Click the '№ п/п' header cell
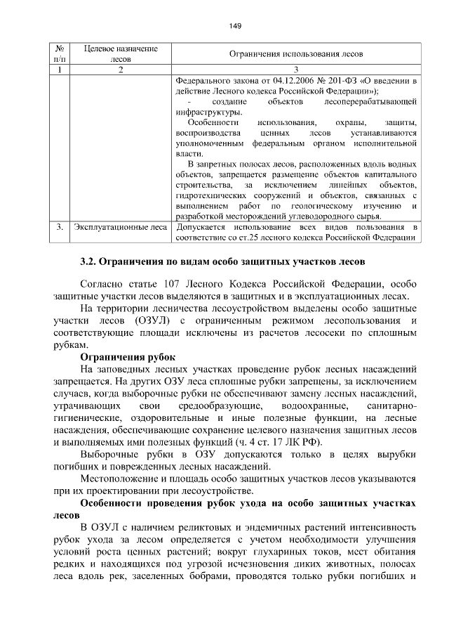coord(59,54)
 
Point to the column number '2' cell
coord(121,70)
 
